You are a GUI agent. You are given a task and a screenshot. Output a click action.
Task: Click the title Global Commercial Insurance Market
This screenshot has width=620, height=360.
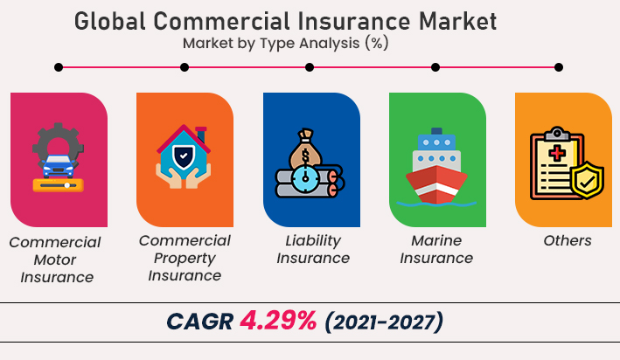click(285, 20)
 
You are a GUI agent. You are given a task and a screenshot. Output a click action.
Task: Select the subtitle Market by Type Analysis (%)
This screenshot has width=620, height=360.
click(285, 42)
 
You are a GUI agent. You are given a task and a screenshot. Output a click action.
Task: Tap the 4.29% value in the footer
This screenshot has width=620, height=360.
click(278, 322)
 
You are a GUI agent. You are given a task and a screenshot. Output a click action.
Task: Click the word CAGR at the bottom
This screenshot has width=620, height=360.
click(199, 322)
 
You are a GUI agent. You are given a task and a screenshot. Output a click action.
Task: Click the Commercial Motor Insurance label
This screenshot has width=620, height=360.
click(57, 260)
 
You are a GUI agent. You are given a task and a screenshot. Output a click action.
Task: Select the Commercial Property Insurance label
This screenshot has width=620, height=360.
click(185, 258)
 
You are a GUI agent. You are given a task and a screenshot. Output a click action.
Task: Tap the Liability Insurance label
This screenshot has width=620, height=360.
click(312, 249)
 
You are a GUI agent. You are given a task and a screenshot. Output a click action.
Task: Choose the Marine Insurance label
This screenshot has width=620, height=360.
click(436, 249)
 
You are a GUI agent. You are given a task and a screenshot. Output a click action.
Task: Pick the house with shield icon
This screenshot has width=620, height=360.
click(184, 158)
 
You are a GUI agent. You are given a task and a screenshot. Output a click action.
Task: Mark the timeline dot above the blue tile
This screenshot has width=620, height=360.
click(310, 66)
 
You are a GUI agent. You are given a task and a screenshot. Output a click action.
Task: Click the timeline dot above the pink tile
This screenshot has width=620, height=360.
click(59, 66)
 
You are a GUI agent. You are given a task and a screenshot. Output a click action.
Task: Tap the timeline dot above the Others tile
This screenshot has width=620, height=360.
click(559, 66)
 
